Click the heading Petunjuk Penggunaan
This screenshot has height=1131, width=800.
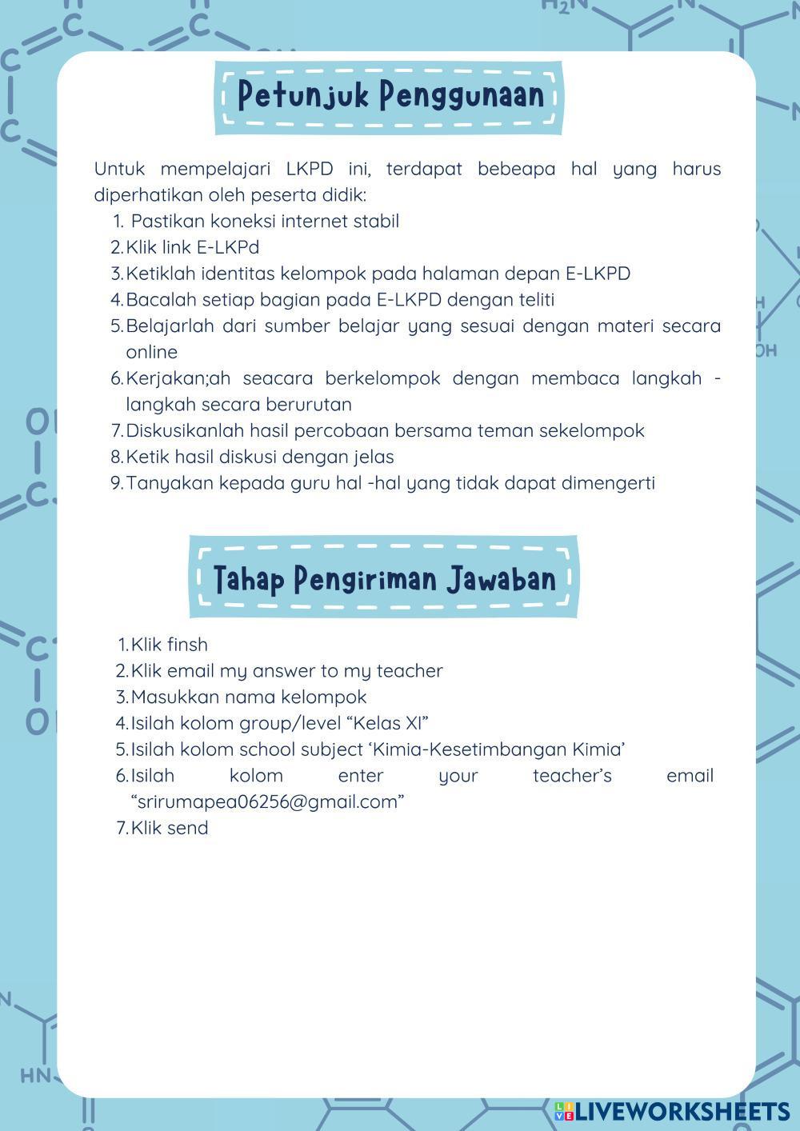click(x=390, y=95)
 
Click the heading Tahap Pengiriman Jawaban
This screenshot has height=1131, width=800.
click(x=384, y=578)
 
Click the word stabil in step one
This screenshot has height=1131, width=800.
click(x=375, y=221)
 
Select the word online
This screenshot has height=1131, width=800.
click(x=151, y=352)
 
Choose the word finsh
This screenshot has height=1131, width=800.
click(x=187, y=645)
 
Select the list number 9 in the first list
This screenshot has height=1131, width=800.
click(x=116, y=482)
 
